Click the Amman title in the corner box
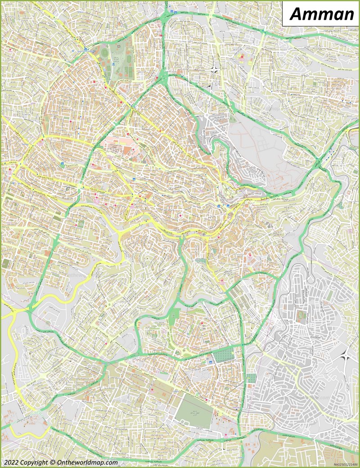pyautogui.click(x=321, y=14)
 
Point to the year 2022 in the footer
pyautogui.click(x=11, y=462)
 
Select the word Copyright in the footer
pyautogui.click(x=35, y=462)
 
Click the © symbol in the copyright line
pyautogui.click(x=54, y=462)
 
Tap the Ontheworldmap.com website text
pyautogui.click(x=87, y=462)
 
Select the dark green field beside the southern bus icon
pyautogui.click(x=223, y=355)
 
